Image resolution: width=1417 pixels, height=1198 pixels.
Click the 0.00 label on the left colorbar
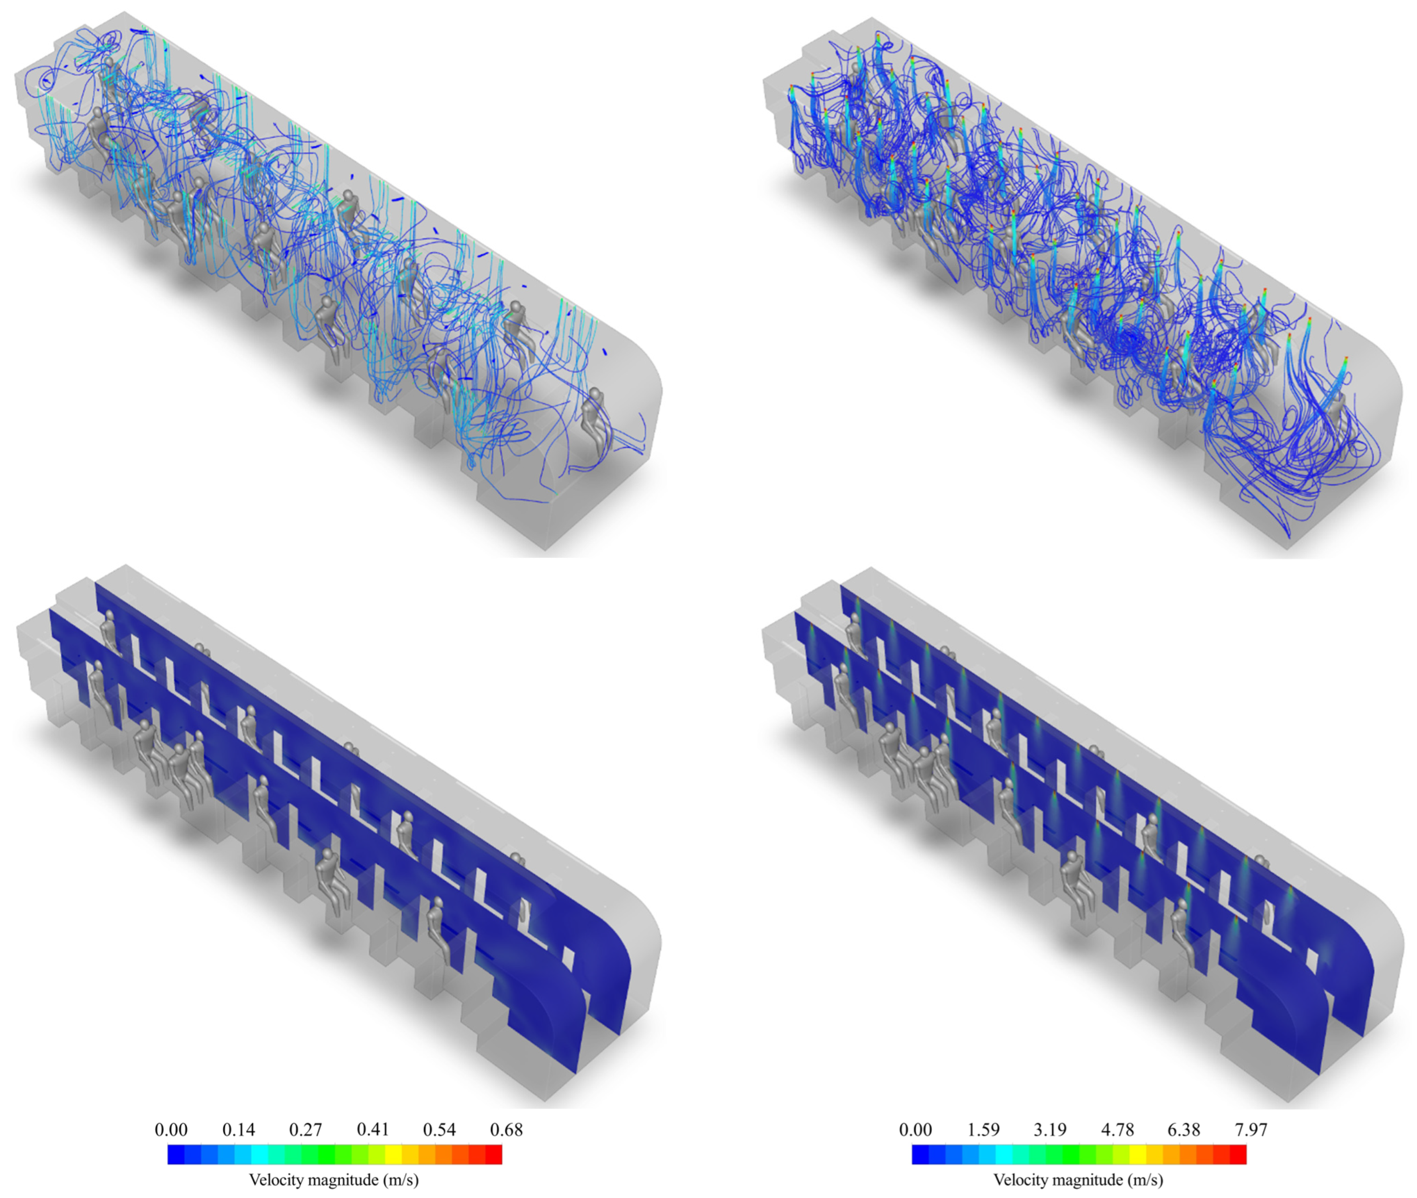[x=171, y=1129]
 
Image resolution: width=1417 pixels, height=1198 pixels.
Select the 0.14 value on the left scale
[x=238, y=1129]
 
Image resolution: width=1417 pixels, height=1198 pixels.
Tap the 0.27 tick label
[x=306, y=1129]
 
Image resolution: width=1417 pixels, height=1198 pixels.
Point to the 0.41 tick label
[x=373, y=1129]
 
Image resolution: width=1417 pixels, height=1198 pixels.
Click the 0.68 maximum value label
[x=507, y=1129]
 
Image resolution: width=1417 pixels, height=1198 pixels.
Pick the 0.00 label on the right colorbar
[x=916, y=1129]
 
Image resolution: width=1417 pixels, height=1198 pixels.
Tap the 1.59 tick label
[x=983, y=1129]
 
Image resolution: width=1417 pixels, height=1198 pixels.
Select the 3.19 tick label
[x=1050, y=1129]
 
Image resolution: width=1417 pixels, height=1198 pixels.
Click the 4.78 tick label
[x=1117, y=1129]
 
